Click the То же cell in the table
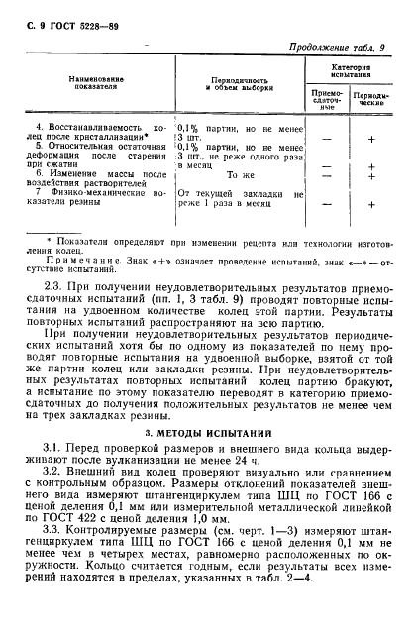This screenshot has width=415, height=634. click(x=241, y=175)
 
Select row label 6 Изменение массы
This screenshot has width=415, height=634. click(x=84, y=174)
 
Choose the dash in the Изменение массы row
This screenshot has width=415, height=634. click(x=326, y=175)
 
